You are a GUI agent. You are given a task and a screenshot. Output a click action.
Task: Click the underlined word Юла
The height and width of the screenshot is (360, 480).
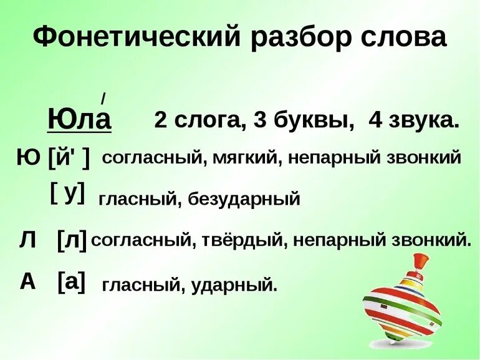click(79, 119)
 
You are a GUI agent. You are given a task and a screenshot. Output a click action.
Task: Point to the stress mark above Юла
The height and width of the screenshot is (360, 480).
click(103, 97)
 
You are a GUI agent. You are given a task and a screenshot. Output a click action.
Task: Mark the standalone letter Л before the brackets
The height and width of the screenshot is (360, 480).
click(27, 240)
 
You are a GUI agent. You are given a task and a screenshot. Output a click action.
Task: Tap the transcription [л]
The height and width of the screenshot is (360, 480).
click(72, 240)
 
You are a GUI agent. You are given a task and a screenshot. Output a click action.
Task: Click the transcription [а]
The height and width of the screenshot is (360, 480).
click(71, 282)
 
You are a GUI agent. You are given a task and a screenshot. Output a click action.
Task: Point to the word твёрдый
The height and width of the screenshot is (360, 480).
click(243, 240)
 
